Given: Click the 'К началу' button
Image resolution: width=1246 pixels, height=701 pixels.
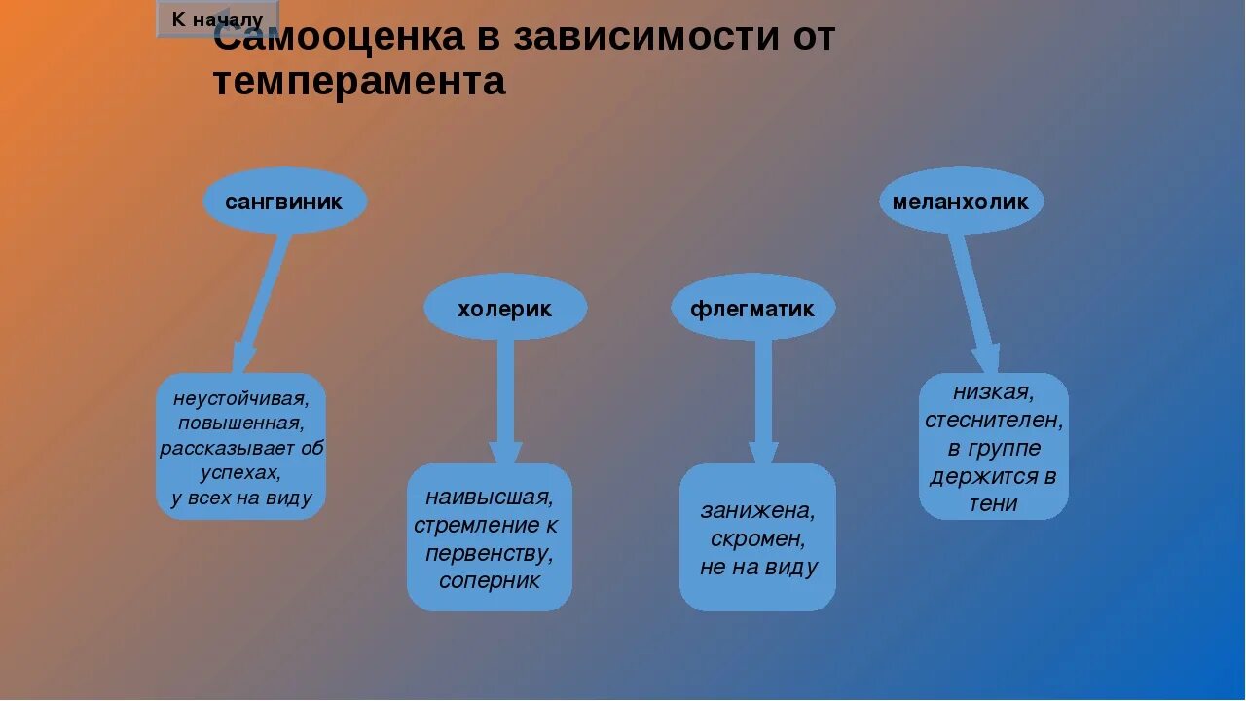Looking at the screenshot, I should tap(217, 18).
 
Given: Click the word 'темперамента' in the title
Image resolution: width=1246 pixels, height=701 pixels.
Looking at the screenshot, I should tap(359, 82).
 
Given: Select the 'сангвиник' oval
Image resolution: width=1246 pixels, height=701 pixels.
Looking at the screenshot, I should tap(284, 202).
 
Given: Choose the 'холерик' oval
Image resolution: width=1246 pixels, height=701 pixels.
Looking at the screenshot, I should tap(504, 309).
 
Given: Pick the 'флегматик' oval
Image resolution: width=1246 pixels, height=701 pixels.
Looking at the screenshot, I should tap(752, 309).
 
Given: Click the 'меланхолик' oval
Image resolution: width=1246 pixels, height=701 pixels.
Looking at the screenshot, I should tap(961, 202).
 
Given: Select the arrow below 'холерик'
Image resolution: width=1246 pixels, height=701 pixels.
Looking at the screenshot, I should tap(505, 399).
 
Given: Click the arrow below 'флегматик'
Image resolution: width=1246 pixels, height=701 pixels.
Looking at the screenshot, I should tap(763, 399).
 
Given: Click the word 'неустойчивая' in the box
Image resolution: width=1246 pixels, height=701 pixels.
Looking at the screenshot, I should tap(240, 398).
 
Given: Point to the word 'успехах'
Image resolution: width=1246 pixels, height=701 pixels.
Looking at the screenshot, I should tap(240, 473).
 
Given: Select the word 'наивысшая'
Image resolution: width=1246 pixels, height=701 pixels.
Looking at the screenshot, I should tap(489, 498).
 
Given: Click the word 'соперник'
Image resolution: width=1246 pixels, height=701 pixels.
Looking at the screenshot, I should tap(489, 580).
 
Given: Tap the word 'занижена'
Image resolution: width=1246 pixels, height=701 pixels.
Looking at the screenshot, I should tap(757, 510).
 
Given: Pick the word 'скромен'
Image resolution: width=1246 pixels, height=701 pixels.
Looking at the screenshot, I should tap(757, 538).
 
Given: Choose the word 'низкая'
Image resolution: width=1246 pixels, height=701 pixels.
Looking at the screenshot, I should tap(993, 392).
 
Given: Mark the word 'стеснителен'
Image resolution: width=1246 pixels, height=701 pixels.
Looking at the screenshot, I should tap(993, 421).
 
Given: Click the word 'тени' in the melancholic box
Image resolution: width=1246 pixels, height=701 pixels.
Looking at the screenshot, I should tap(993, 503).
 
